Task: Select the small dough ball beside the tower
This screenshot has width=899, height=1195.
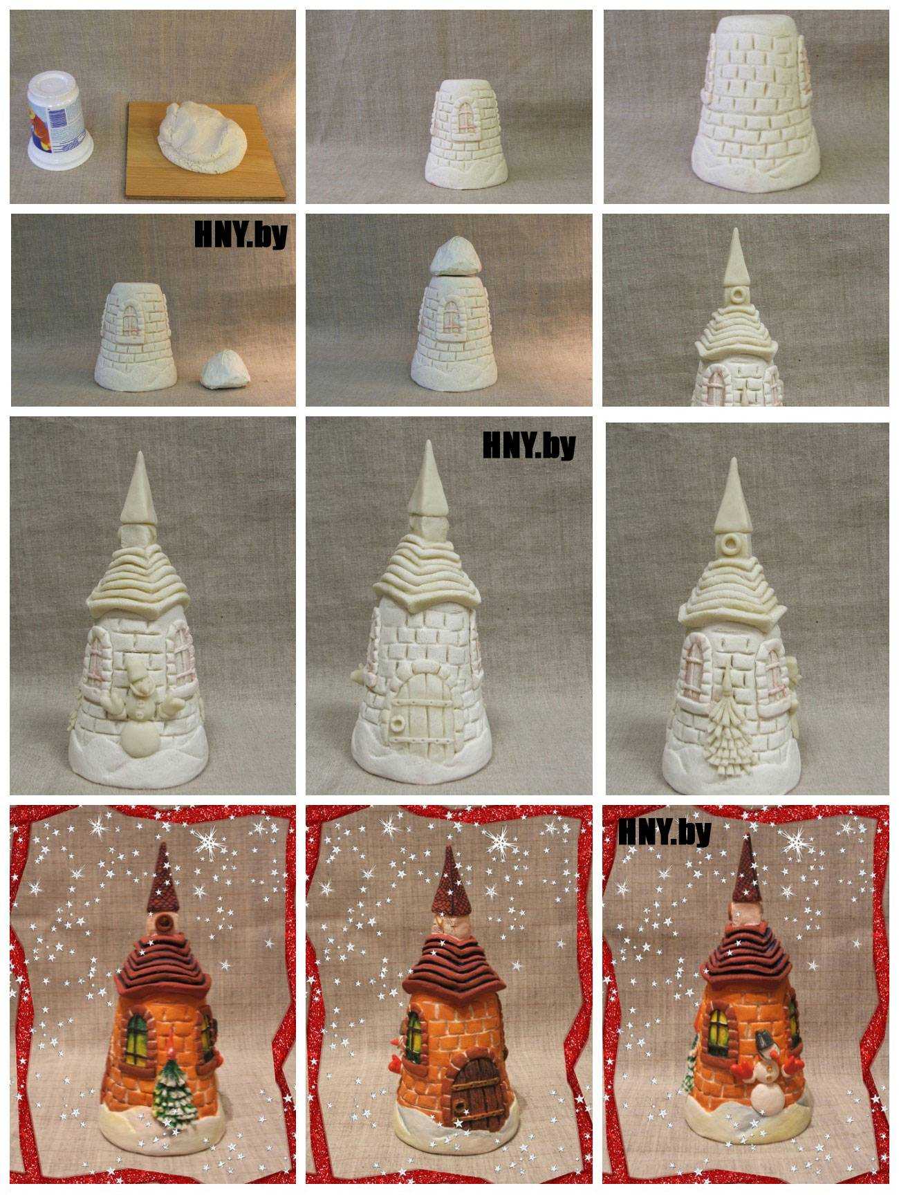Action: [x=224, y=370]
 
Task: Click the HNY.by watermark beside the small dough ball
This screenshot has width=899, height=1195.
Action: [x=240, y=236]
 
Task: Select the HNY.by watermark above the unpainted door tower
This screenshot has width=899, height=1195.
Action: [x=528, y=446]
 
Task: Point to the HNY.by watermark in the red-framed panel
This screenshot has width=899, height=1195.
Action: [x=665, y=833]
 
